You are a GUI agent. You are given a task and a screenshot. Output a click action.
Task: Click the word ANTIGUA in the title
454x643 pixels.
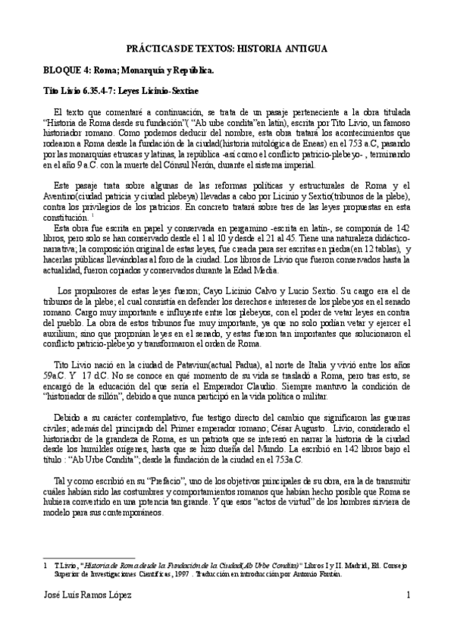point(305,48)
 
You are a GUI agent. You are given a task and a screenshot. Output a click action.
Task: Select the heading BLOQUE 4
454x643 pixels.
point(66,71)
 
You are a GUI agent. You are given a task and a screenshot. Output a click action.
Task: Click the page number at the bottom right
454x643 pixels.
point(408,596)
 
